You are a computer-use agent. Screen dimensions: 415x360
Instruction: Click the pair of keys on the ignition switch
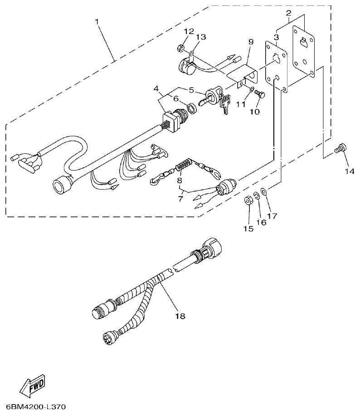(224, 103)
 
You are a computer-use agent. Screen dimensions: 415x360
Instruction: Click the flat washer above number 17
(264, 190)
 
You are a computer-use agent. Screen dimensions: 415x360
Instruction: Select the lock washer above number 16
(256, 195)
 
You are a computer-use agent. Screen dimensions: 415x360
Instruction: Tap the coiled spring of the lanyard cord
(182, 166)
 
